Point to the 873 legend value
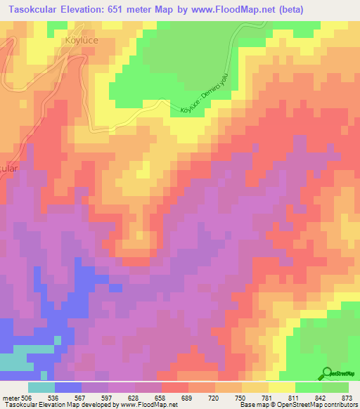click(346, 397)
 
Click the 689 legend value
click(187, 397)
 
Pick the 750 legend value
click(240, 397)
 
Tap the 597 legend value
click(108, 397)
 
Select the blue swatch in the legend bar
click(67, 387)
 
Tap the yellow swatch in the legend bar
click(281, 387)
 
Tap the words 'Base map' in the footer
click(250, 405)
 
